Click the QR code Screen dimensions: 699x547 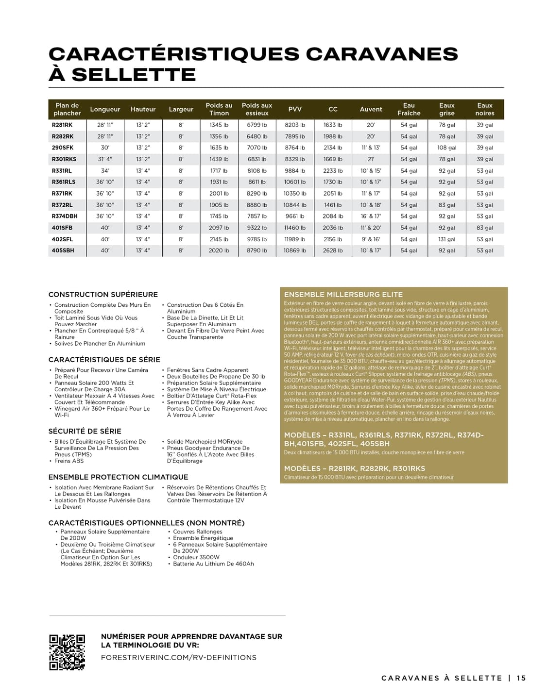coord(67,652)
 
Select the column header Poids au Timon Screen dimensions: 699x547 coord(219,109)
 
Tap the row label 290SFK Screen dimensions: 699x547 coord(63,148)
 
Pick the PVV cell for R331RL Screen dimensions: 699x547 coord(295,171)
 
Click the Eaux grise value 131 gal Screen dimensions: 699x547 coord(446,239)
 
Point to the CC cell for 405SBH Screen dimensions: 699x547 coord(333,250)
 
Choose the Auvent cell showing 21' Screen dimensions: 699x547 coord(371,159)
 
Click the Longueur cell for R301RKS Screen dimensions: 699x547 coord(105,159)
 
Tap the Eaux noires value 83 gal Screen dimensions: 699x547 coord(484,228)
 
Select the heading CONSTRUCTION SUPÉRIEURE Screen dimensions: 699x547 coord(103,294)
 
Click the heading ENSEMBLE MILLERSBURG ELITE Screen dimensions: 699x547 coord(343,294)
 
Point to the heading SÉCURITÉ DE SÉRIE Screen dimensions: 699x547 coord(85,431)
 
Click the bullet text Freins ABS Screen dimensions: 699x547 coord(69,461)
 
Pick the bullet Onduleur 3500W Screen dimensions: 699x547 coord(196,557)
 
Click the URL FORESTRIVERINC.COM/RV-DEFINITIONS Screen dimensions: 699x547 coord(179,657)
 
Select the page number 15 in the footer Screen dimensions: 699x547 coord(521,678)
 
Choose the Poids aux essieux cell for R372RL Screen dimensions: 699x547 coord(257,205)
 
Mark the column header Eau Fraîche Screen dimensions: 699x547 coord(409,109)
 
